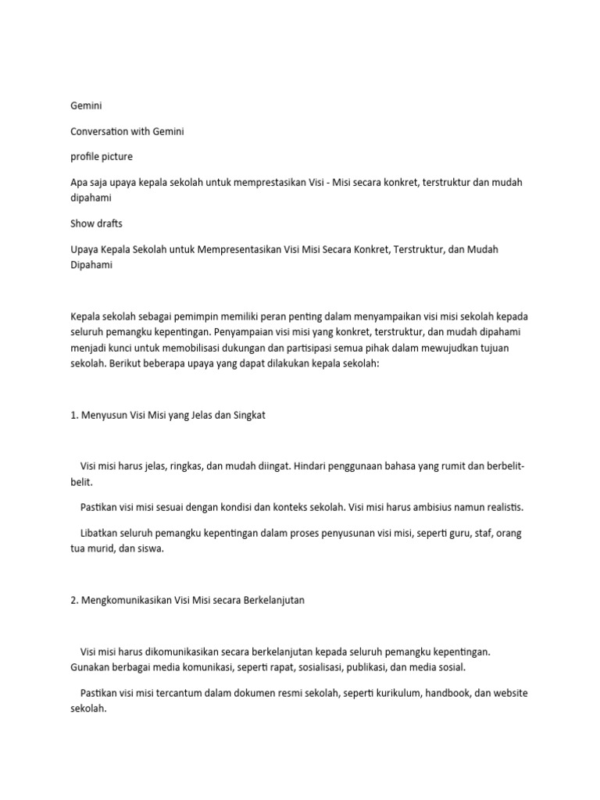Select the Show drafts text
(96, 223)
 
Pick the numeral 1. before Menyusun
(74, 415)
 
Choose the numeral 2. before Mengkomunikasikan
(74, 600)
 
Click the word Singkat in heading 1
(248, 415)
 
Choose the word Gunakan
(91, 666)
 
